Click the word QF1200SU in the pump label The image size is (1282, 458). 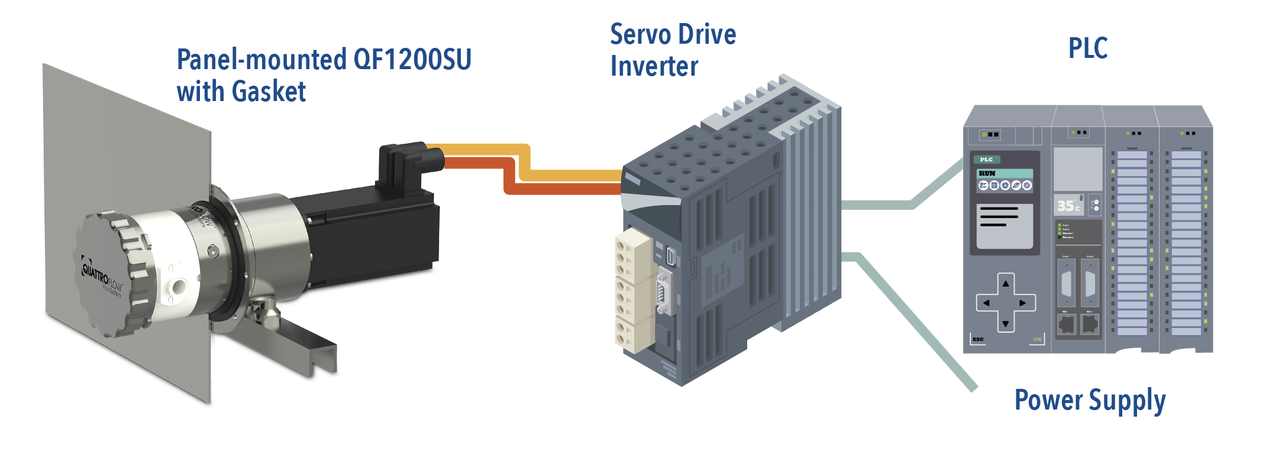[x=412, y=60]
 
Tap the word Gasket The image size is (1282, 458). [x=269, y=92]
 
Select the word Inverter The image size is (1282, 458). [x=654, y=66]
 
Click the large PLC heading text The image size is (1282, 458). [x=1087, y=48]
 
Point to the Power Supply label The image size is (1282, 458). [x=1090, y=401]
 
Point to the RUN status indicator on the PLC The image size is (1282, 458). [x=987, y=173]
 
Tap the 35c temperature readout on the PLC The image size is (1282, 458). [x=1068, y=206]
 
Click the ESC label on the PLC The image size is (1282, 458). [x=978, y=339]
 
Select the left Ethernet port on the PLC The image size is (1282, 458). [x=1066, y=324]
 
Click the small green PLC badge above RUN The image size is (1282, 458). [x=986, y=160]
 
